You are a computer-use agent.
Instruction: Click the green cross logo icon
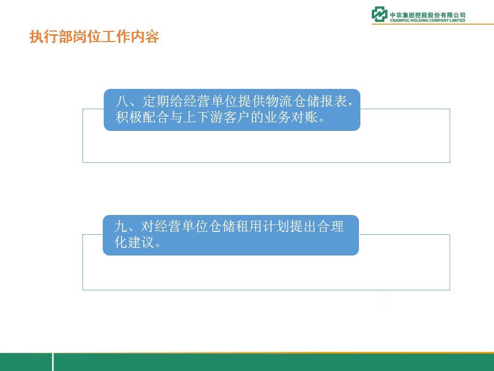379,14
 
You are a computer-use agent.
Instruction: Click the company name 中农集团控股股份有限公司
427,15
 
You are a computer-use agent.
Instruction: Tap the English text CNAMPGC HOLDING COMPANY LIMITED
427,20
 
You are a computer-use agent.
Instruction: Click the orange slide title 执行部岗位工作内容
94,37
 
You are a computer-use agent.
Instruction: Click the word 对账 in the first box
304,117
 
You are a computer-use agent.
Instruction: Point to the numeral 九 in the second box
121,227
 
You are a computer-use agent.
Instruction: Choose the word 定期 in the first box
156,101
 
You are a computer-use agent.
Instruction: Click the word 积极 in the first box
128,117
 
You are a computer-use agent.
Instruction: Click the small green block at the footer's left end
26,362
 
